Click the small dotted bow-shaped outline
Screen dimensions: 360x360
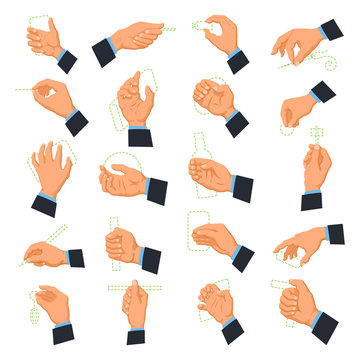tap(200, 22)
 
